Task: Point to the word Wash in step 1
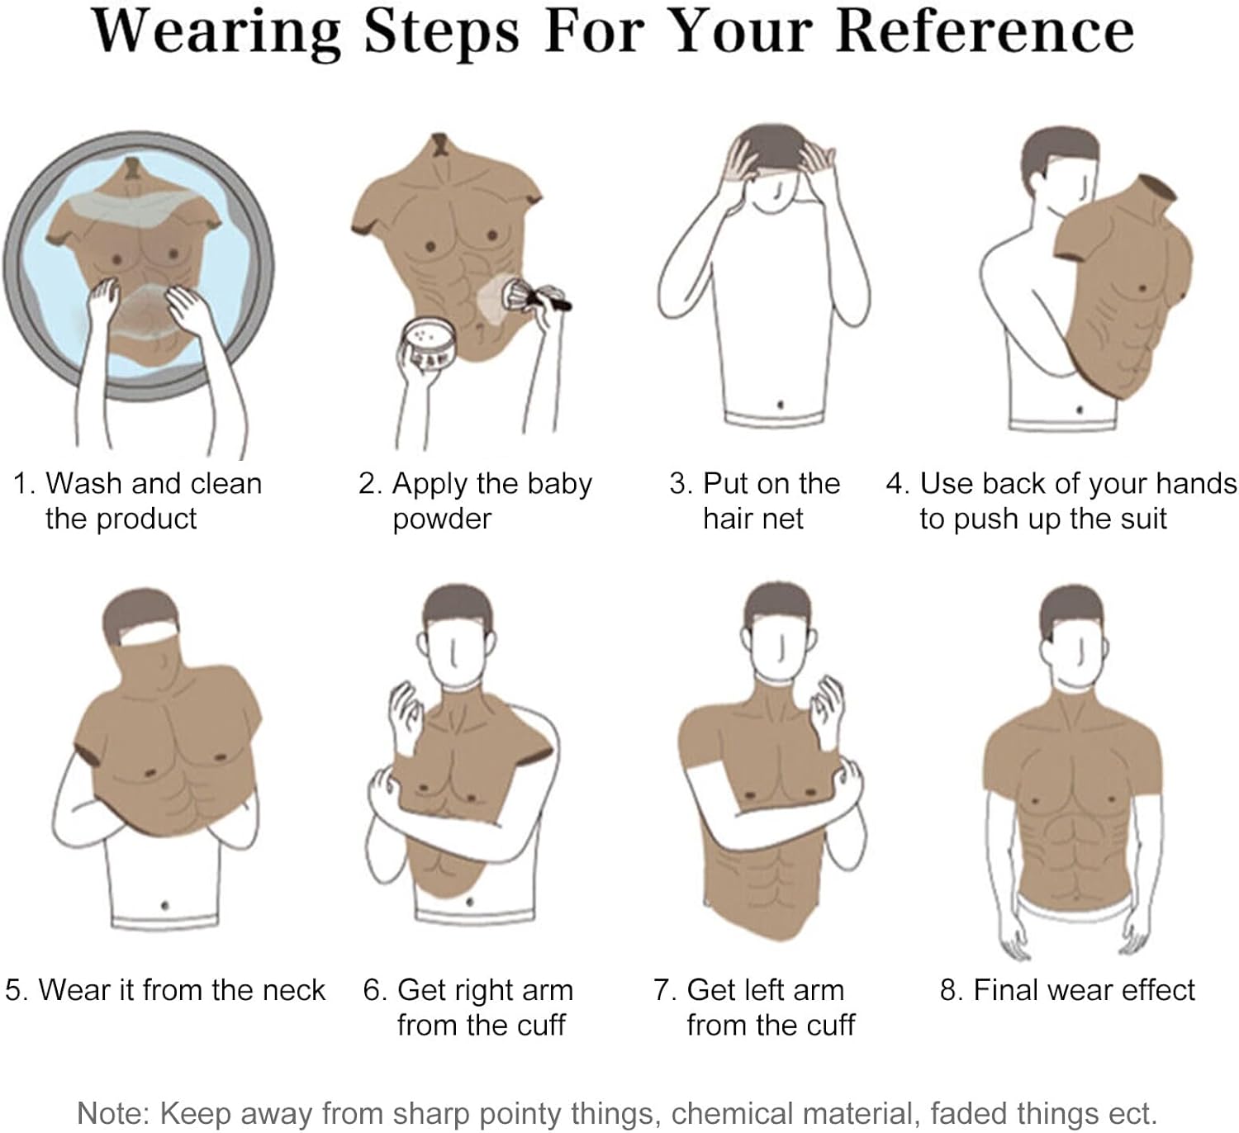point(83,483)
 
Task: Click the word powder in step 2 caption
point(442,519)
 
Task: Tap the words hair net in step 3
point(753,519)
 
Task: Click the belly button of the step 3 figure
point(780,405)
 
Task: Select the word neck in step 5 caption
point(294,989)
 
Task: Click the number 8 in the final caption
point(947,990)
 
